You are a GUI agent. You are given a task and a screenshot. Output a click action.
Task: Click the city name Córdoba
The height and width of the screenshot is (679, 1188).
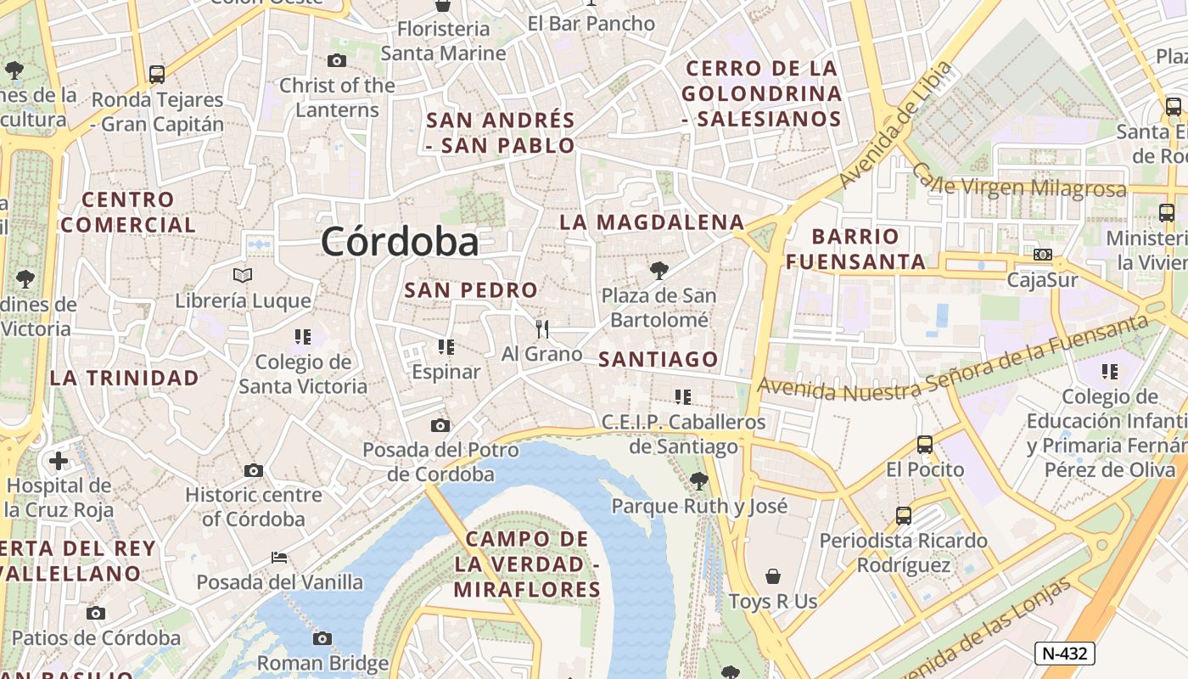click(x=400, y=243)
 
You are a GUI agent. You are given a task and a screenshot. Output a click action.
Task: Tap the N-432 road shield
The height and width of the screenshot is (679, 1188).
click(x=1065, y=654)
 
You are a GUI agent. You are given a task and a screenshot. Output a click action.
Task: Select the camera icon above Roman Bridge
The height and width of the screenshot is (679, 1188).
click(x=322, y=638)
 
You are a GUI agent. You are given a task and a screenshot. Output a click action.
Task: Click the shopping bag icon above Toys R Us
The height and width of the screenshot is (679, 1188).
click(x=773, y=577)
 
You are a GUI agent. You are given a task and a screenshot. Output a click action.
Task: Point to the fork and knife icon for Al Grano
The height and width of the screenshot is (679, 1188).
click(x=542, y=328)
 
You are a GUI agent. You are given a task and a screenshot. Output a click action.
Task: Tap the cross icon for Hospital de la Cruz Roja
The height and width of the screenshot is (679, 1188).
click(x=59, y=461)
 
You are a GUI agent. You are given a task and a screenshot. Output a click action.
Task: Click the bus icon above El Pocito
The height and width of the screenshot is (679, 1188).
click(x=925, y=444)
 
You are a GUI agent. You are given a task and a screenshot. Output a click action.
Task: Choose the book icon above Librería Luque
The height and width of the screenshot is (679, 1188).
click(x=243, y=275)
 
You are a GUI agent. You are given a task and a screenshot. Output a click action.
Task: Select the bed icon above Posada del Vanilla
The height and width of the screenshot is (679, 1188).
click(x=279, y=558)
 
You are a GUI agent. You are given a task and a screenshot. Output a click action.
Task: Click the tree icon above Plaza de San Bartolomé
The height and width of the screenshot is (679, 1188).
click(x=658, y=271)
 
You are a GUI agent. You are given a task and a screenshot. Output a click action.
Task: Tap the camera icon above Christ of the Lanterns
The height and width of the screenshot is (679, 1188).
click(x=337, y=60)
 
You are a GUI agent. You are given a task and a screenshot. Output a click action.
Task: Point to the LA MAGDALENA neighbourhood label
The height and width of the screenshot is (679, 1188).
click(x=652, y=222)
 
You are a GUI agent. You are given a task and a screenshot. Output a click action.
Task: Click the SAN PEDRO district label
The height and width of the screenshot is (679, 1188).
click(x=471, y=290)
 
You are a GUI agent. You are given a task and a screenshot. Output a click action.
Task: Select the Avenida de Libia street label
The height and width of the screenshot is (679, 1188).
click(x=895, y=126)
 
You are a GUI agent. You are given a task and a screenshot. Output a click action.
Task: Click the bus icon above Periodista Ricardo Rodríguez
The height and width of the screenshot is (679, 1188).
click(x=904, y=515)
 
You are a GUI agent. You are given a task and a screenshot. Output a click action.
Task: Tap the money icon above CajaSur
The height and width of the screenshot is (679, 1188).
click(x=1043, y=255)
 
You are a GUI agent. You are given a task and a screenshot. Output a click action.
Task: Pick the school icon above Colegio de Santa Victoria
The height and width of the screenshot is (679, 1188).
click(x=303, y=337)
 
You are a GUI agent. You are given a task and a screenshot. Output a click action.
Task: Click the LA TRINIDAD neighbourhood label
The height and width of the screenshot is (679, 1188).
click(x=125, y=378)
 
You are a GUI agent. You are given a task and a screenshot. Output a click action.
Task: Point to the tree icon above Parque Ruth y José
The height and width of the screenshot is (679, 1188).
click(x=699, y=481)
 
